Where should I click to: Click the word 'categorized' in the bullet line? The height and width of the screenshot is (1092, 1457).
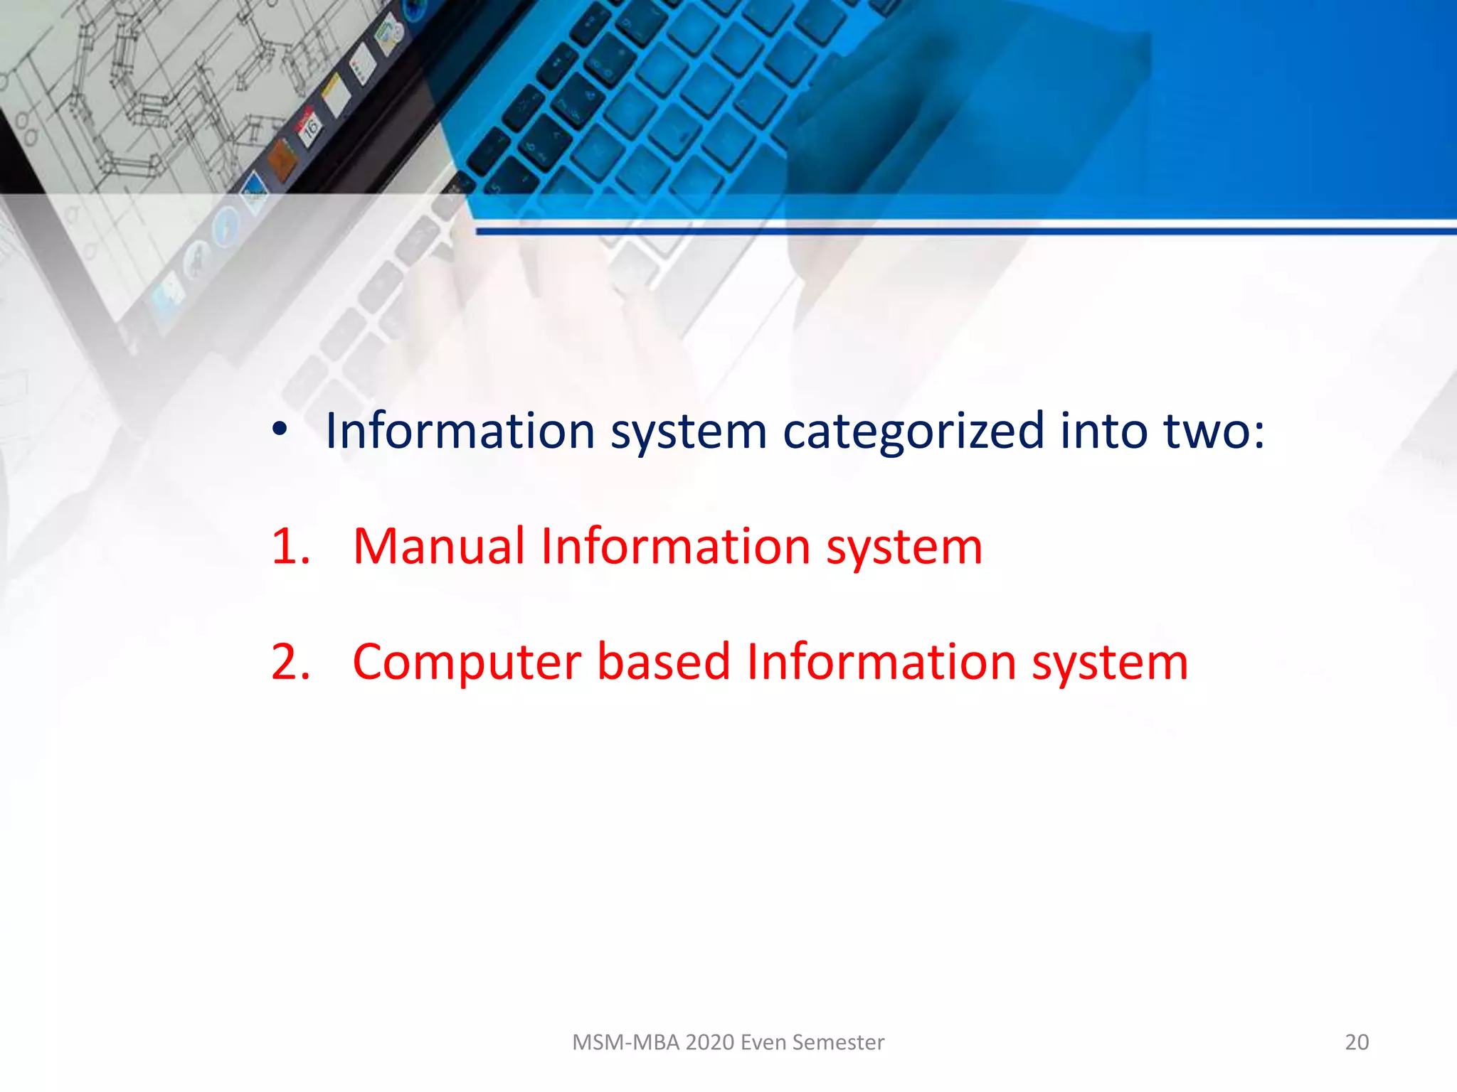coord(913,432)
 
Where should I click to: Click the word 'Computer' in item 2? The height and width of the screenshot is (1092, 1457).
coord(467,663)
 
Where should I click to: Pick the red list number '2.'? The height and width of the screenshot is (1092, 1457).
coord(291,662)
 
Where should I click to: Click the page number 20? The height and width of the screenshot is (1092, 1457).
coord(1357,1042)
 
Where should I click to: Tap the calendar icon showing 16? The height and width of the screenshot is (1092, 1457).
coord(309,128)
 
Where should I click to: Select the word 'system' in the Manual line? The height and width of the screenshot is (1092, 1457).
coord(904,547)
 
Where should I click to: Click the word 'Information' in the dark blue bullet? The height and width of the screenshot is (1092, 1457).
coord(460,431)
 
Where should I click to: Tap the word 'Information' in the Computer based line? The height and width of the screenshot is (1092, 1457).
coord(881,662)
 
